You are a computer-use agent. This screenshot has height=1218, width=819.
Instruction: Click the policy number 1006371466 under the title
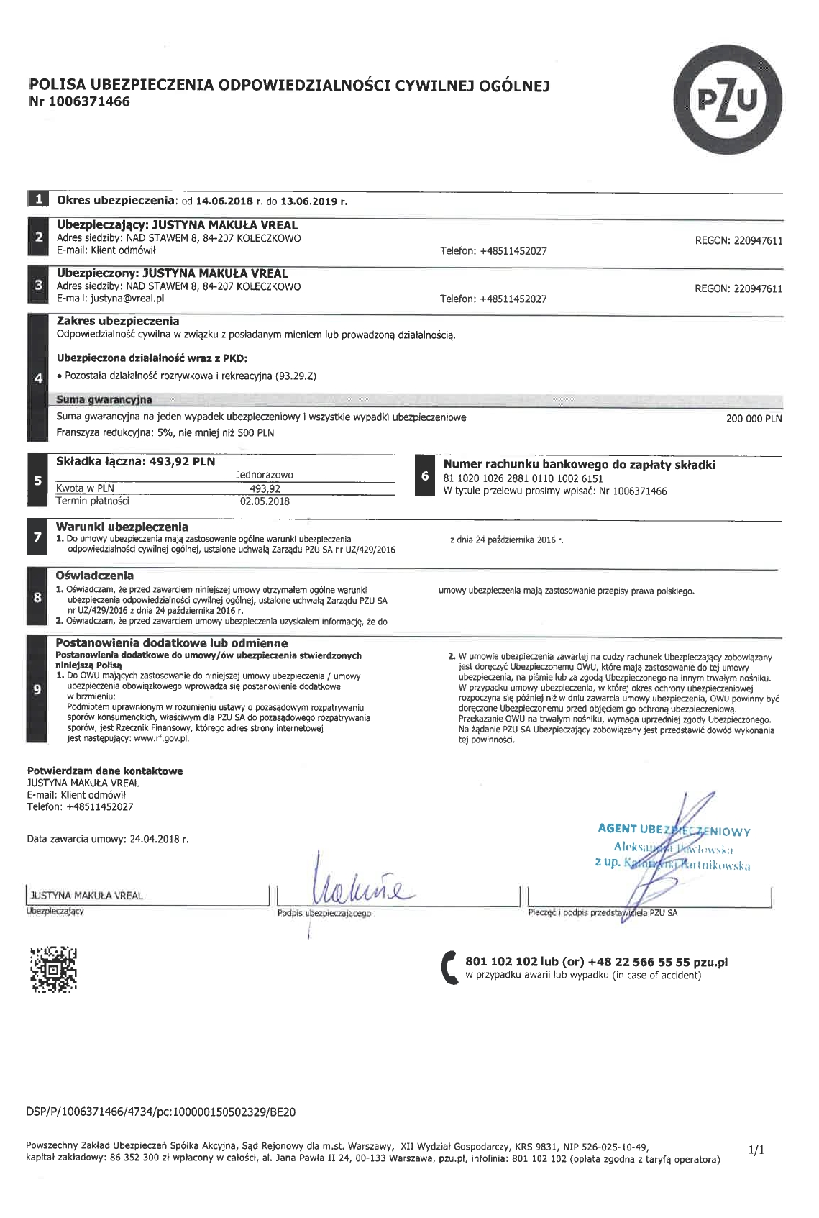(89, 101)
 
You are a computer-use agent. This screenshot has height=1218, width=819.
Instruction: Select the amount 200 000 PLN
(754, 418)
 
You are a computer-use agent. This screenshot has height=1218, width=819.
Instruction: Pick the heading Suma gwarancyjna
(104, 399)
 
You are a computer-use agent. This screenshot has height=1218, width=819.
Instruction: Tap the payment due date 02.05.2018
(265, 501)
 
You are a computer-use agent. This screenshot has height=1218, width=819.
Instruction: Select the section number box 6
(425, 476)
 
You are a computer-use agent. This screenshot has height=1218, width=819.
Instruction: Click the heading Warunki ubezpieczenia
(122, 527)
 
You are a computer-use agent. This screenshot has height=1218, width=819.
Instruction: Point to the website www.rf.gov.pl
(161, 737)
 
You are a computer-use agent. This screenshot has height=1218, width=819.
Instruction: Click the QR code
(52, 969)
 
